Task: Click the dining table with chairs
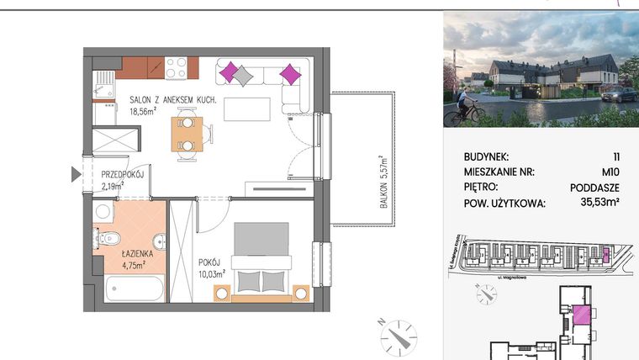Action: pyautogui.click(x=187, y=133)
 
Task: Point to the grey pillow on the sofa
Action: pyautogui.click(x=242, y=74)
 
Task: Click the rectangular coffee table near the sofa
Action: pyautogui.click(x=252, y=109)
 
